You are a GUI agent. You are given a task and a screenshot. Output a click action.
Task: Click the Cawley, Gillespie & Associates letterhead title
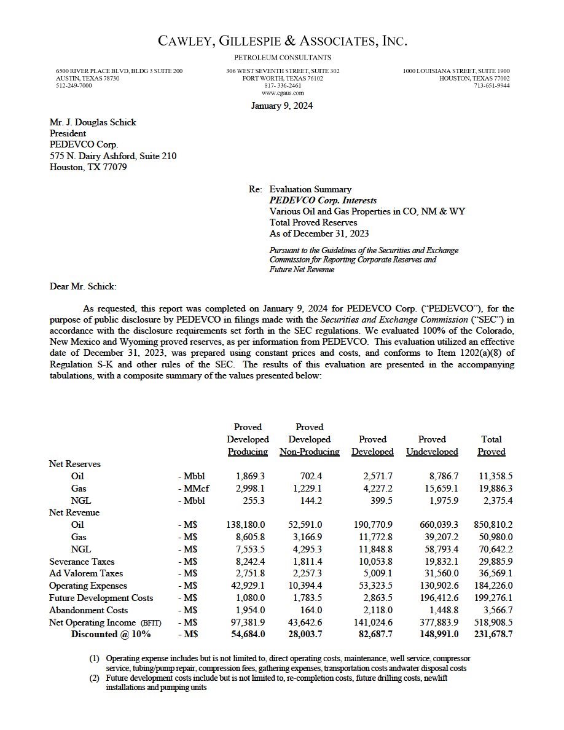coord(282,41)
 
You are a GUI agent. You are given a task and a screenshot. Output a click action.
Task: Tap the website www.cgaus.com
coord(283,93)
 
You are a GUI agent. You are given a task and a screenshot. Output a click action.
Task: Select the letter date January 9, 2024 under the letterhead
coord(282,106)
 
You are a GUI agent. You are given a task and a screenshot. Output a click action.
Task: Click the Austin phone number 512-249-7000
coord(74,85)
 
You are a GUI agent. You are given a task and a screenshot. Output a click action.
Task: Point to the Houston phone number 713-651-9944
coord(491,85)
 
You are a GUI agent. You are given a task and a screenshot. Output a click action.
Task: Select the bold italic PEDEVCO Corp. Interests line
coord(323,200)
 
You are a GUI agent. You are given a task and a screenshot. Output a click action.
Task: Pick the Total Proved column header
coord(492,445)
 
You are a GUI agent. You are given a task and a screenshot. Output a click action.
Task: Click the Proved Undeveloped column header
coord(432,445)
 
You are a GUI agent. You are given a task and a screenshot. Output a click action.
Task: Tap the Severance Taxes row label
coord(82,562)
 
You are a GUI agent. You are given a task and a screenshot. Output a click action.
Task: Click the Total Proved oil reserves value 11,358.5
coord(495,476)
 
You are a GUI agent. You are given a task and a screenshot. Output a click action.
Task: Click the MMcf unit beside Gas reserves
coord(193,489)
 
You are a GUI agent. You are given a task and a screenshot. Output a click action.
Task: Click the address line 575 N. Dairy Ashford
coord(113,156)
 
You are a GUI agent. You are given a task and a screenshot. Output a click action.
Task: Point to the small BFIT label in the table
coord(151,623)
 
